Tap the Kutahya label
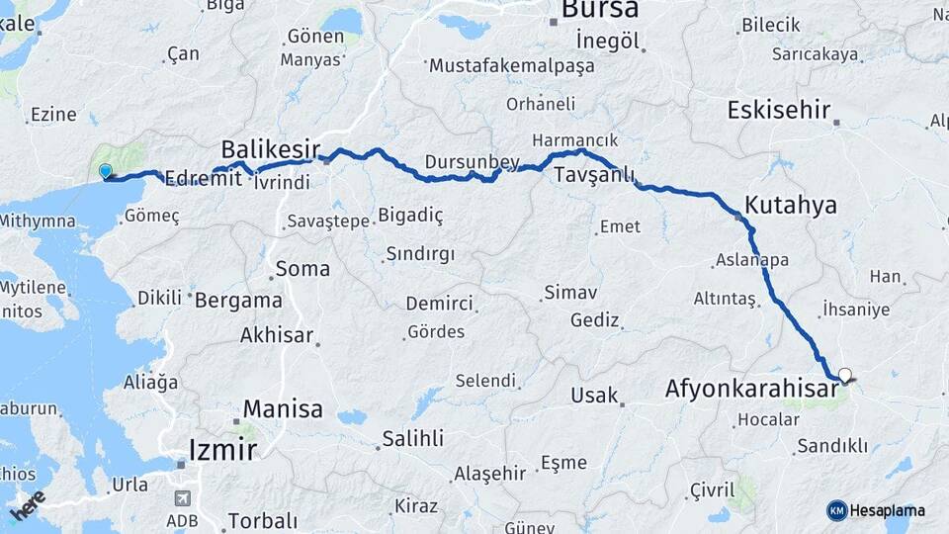tap(790, 206)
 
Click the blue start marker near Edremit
tap(106, 172)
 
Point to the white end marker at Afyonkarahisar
tap(844, 375)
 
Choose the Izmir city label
tap(222, 451)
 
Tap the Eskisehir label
tap(778, 110)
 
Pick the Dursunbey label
tap(472, 160)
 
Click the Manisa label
tap(283, 408)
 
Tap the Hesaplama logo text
tap(887, 510)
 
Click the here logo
tap(29, 507)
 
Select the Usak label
tap(594, 396)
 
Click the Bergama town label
tap(238, 300)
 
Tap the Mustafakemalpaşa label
tap(511, 66)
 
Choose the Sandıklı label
tap(831, 446)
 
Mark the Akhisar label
tap(277, 335)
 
